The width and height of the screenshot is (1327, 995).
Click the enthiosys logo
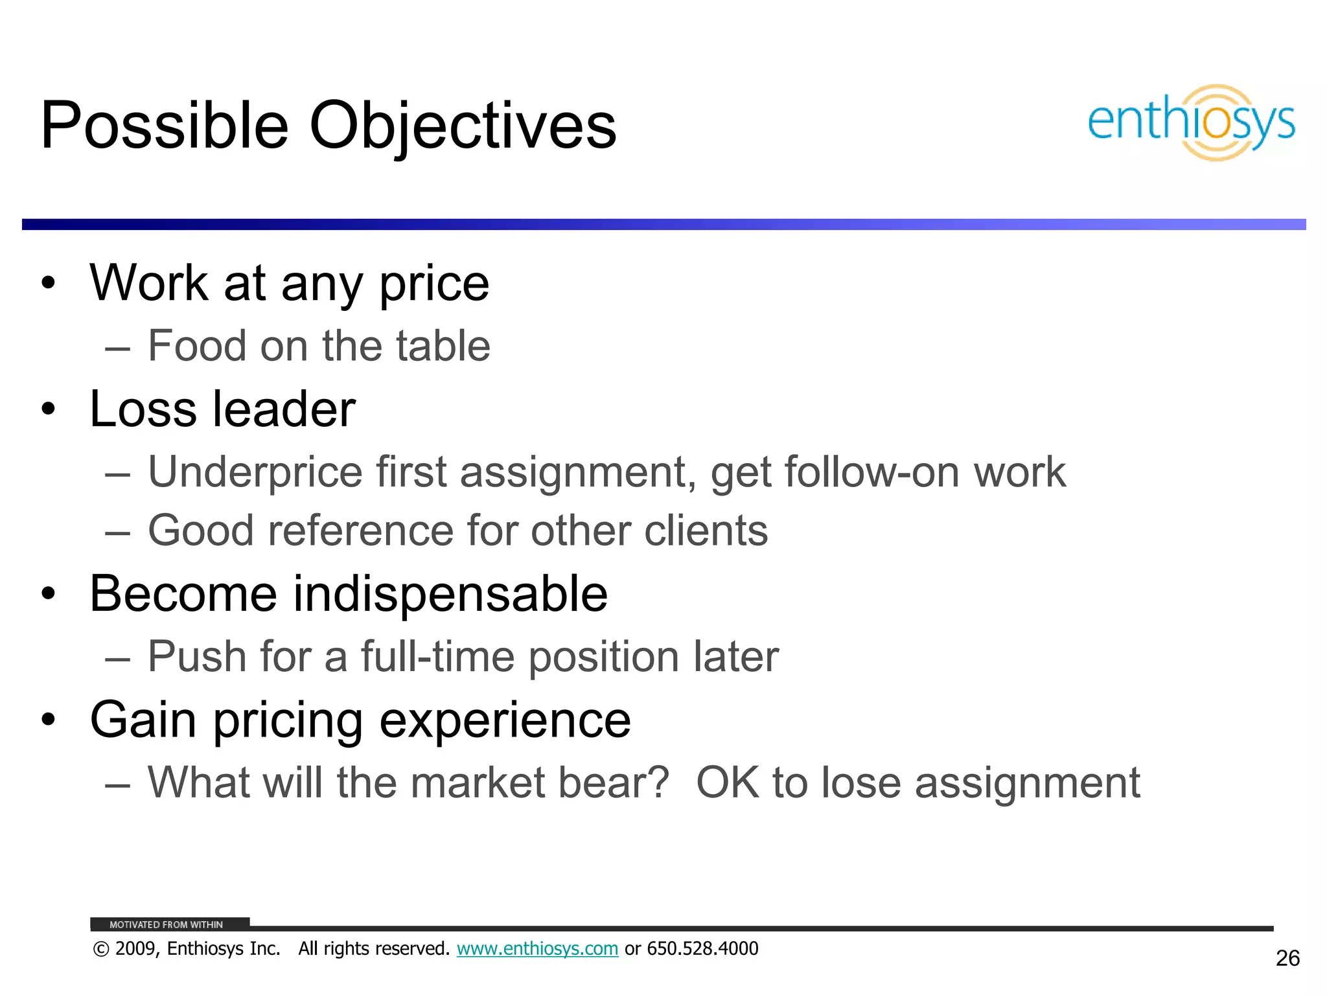tap(1191, 122)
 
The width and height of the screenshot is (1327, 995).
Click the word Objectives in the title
tap(463, 126)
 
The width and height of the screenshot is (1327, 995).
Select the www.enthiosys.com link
tap(537, 948)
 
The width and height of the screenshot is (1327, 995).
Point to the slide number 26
tap(1287, 958)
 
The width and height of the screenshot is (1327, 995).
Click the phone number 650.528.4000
tap(702, 948)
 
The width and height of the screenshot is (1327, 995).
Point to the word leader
tap(284, 409)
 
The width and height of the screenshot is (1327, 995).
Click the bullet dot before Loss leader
tap(48, 409)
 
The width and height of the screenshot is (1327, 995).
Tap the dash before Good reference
tap(117, 532)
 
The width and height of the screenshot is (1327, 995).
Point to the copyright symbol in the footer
tap(100, 949)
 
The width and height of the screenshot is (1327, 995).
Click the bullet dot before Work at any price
tap(48, 283)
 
